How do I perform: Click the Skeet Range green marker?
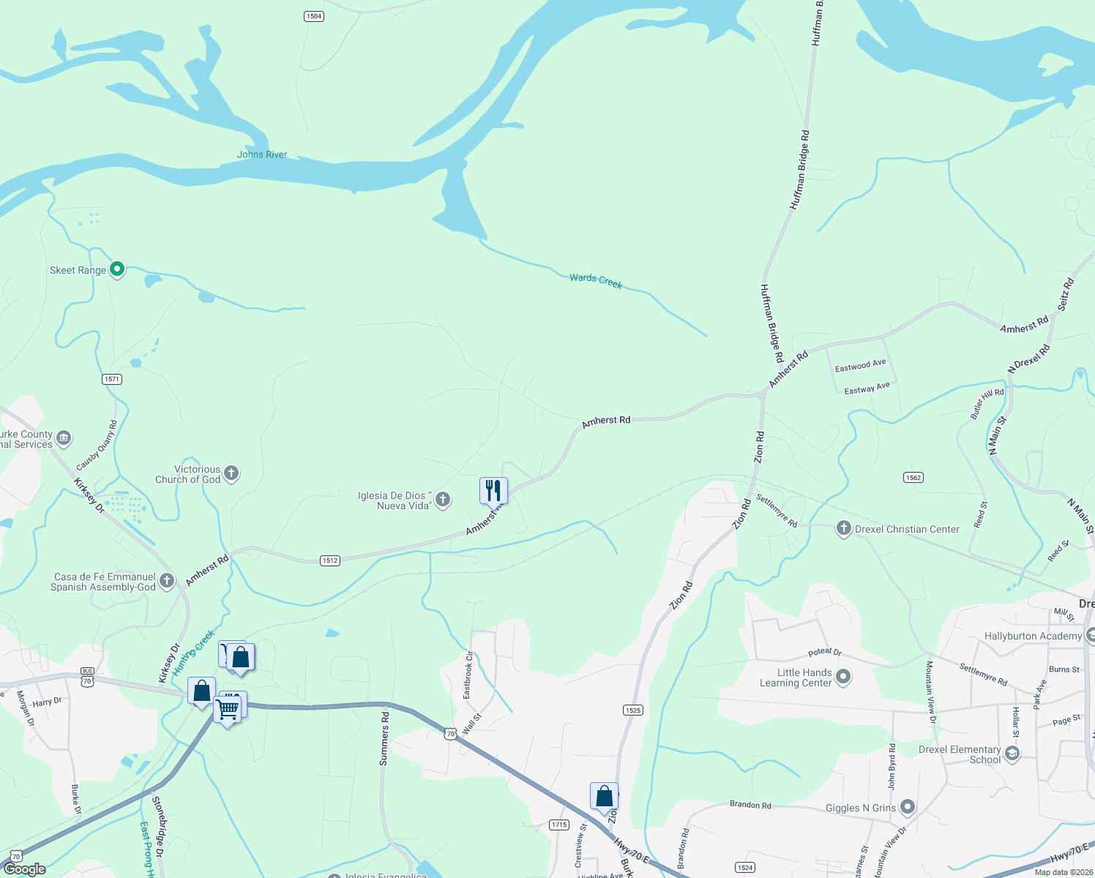[x=116, y=269]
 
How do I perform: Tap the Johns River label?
[x=262, y=154]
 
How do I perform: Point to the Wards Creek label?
[x=596, y=281]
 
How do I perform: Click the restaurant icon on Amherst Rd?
[x=493, y=490]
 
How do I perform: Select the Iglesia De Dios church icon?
[x=442, y=500]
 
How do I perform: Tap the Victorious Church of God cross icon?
[x=231, y=473]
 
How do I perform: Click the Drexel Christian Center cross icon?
[x=843, y=528]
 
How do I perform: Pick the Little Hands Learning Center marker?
[x=843, y=677]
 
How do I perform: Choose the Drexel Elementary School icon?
[x=1012, y=754]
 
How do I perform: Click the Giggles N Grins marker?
[x=908, y=807]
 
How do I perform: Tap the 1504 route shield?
[x=313, y=16]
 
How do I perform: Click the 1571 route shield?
[x=111, y=379]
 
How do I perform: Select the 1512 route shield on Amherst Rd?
[x=329, y=560]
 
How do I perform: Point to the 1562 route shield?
[x=913, y=478]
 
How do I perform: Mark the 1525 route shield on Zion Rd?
[x=633, y=710]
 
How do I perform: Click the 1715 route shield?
[x=559, y=825]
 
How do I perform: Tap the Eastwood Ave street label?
[x=860, y=365]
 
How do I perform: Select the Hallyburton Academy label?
[x=1033, y=636]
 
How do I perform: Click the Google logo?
[x=25, y=869]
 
